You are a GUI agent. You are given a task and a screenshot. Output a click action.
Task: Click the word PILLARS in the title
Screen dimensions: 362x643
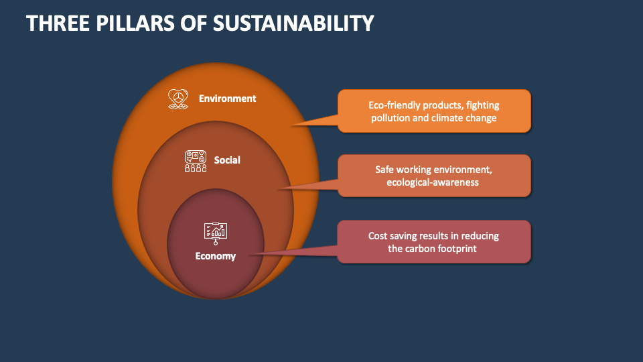coord(143,23)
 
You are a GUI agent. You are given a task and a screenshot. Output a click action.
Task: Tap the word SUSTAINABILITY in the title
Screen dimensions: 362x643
coord(293,23)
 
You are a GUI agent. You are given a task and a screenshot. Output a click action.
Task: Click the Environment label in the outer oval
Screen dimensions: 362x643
coord(227,99)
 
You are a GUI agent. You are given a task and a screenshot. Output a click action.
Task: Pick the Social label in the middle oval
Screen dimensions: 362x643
coord(227,160)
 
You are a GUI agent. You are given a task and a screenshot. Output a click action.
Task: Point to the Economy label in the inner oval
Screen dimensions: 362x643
coord(215,256)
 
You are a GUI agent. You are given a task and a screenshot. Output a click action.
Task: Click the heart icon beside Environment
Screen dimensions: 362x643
coord(177,99)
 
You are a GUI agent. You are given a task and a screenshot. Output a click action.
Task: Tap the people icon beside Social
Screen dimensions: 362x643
coord(196,161)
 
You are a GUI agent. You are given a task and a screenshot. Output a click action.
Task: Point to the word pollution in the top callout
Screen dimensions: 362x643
coord(391,118)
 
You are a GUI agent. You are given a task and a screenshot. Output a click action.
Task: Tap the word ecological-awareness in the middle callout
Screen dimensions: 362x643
coord(433,182)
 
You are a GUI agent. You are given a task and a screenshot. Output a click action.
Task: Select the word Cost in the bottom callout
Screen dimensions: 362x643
coord(379,236)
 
